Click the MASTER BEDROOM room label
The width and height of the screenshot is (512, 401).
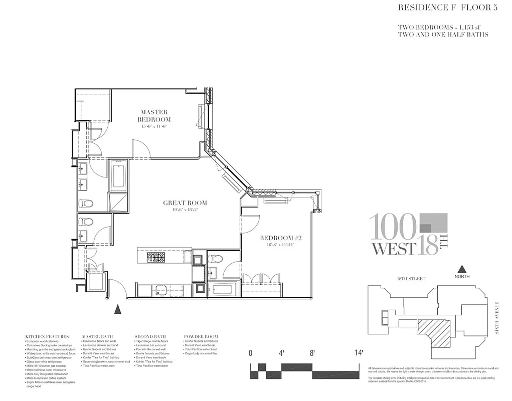coord(154,116)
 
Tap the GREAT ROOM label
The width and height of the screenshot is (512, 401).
coord(185,203)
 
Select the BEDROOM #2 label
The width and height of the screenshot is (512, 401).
coord(279,238)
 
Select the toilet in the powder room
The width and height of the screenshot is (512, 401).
coord(87,222)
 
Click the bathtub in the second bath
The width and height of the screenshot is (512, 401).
coord(222,290)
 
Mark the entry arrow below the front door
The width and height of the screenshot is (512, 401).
coord(118,309)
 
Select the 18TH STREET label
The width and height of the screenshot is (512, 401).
coord(411,279)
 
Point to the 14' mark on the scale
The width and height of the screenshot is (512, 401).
coord(359,353)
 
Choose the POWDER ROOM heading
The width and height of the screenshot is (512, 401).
coord(201,336)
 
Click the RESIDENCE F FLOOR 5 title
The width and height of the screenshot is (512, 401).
coord(443,8)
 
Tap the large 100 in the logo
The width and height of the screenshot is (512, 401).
coord(394,227)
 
